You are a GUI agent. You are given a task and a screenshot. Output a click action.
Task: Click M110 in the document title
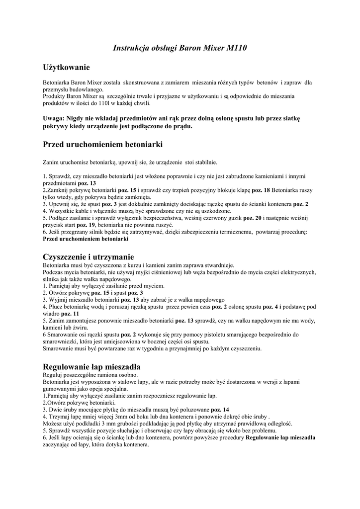point(237,48)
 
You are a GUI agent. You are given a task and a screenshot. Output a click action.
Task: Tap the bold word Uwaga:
point(54,119)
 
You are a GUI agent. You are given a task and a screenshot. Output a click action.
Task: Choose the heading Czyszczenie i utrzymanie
point(88,257)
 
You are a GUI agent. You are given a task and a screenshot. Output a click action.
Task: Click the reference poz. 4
point(271,307)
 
